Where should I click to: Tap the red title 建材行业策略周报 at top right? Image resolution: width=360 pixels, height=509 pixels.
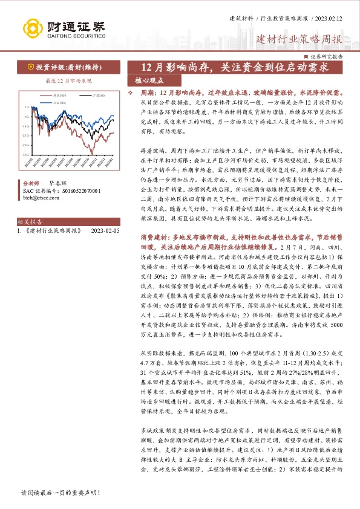(x=299, y=41)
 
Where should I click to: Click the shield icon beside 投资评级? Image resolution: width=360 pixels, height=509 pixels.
(x=30, y=68)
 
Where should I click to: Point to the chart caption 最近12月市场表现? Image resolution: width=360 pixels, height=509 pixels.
(x=61, y=80)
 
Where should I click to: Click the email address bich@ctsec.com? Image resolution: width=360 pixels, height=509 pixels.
(x=38, y=196)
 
